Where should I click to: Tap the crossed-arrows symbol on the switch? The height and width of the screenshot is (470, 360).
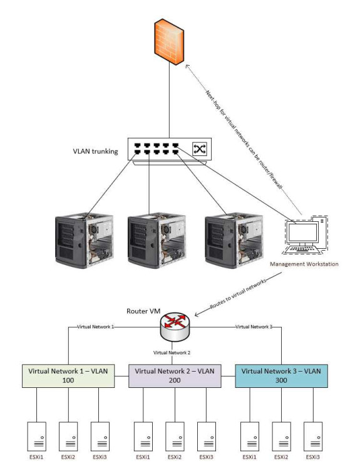[x=198, y=148]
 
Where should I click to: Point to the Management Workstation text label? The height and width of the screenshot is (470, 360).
[x=304, y=264]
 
